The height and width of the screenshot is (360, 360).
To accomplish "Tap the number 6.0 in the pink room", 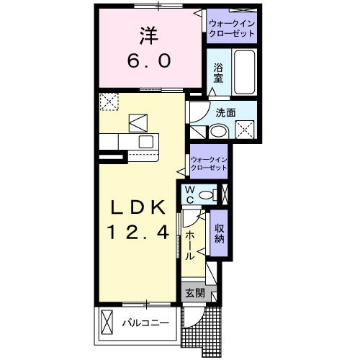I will tap(150, 62).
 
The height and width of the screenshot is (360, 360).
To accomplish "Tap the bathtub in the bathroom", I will tap(245, 72).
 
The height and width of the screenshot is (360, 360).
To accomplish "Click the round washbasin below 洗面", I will tap(217, 131).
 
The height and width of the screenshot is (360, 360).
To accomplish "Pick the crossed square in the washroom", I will tap(248, 130).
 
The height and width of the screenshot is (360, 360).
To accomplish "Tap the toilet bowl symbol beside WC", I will tap(209, 194).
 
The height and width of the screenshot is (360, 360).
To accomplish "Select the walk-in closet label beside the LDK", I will tap(210, 163).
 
